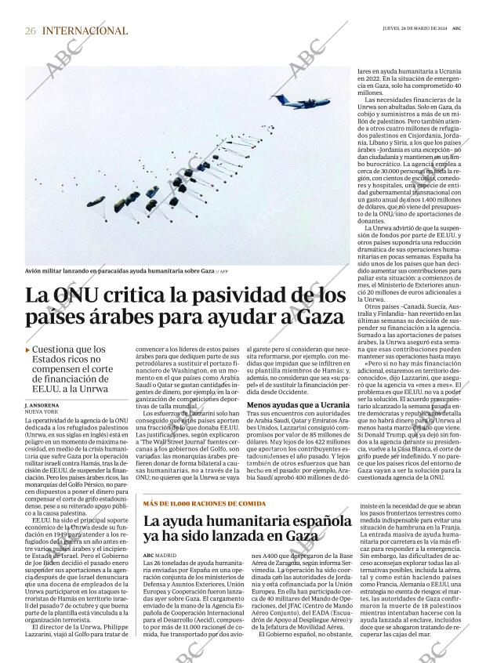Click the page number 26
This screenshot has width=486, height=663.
pos(31,31)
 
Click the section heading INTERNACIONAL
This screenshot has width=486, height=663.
pos(85,31)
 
